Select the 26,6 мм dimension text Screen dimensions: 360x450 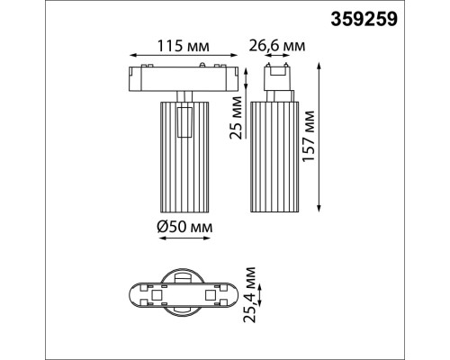point(275,44)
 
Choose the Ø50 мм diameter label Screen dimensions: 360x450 point(184,229)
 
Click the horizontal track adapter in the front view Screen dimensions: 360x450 point(184,78)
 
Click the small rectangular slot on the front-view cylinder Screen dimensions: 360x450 point(185,122)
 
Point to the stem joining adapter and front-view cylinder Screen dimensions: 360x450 point(184,95)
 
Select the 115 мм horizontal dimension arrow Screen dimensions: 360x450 point(184,58)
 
